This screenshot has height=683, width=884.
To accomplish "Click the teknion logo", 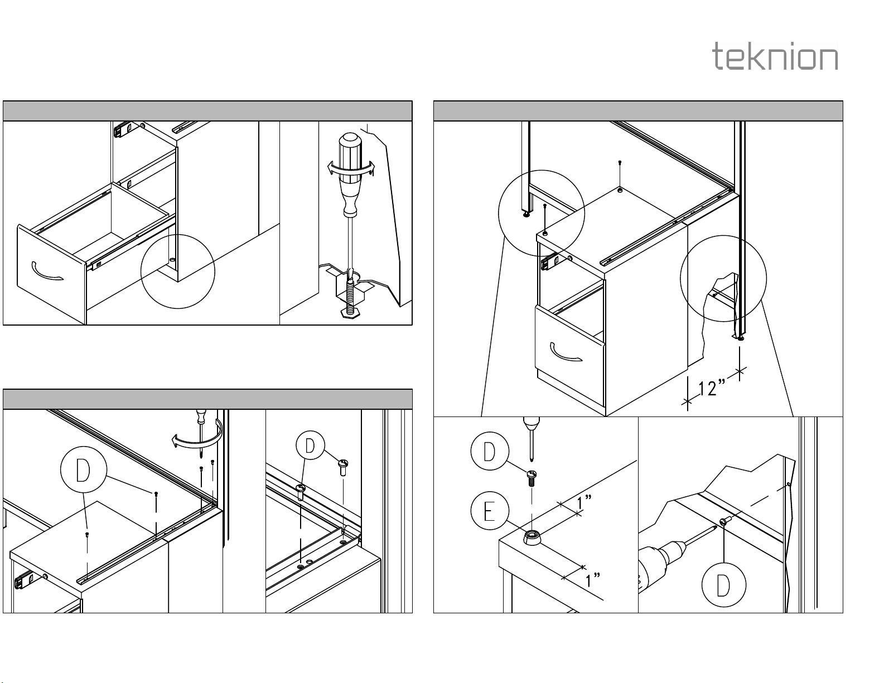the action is pyautogui.click(x=775, y=56).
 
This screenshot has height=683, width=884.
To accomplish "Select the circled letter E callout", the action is pyautogui.click(x=490, y=511).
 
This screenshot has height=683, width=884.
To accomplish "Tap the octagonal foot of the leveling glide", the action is pyautogui.click(x=350, y=313).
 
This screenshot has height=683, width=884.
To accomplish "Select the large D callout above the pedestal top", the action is pyautogui.click(x=84, y=469).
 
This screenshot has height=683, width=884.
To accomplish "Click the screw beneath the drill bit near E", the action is pyautogui.click(x=532, y=478).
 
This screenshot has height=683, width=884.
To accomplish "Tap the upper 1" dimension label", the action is pyautogui.click(x=584, y=502).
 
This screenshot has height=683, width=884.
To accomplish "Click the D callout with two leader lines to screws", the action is pyautogui.click(x=311, y=445).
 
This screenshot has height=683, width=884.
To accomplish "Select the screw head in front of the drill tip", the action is pyautogui.click(x=724, y=521).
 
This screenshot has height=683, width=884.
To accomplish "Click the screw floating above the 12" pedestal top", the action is pyautogui.click(x=620, y=163).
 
